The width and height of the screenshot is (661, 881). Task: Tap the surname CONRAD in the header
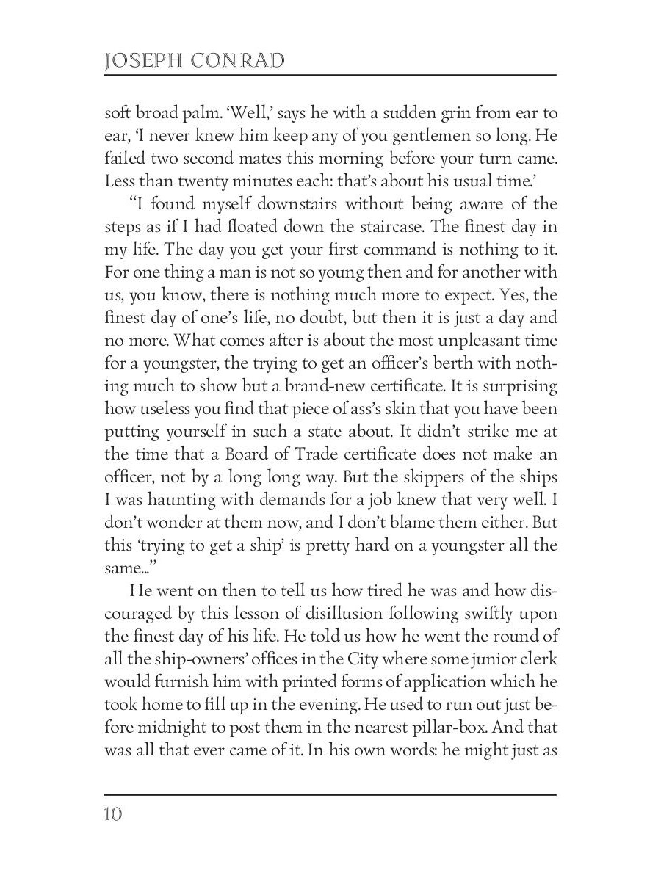point(237,61)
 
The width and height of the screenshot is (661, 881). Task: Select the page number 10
point(113,815)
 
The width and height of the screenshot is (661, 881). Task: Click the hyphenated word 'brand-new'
point(331,386)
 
